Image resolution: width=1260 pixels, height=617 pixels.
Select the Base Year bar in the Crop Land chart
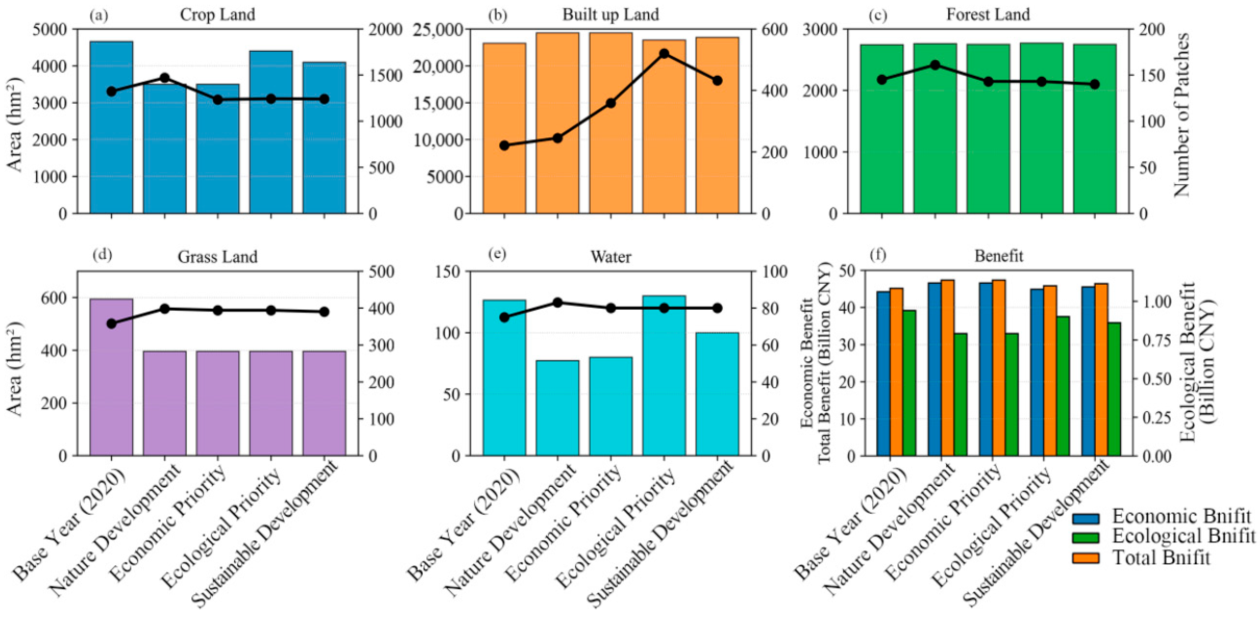(111, 127)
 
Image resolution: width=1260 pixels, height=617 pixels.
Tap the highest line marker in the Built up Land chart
(664, 54)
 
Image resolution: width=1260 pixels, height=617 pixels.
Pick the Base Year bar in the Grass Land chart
(111, 377)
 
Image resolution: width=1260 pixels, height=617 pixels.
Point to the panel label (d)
(102, 255)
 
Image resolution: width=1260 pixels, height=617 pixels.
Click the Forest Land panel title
(988, 15)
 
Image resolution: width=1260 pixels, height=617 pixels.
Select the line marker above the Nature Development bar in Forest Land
(935, 65)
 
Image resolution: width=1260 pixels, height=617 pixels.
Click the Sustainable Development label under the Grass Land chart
(264, 533)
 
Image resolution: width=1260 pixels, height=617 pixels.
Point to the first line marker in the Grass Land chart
(111, 323)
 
